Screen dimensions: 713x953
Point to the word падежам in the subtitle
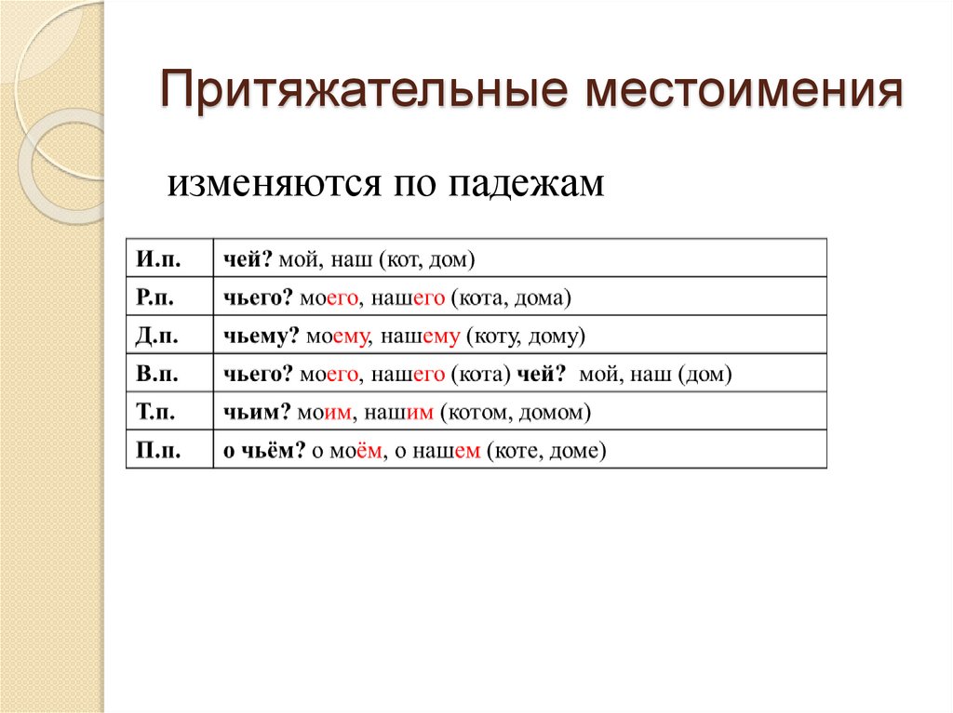point(528,183)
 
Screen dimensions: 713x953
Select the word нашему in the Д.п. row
point(418,337)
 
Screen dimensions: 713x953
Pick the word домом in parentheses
point(557,413)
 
